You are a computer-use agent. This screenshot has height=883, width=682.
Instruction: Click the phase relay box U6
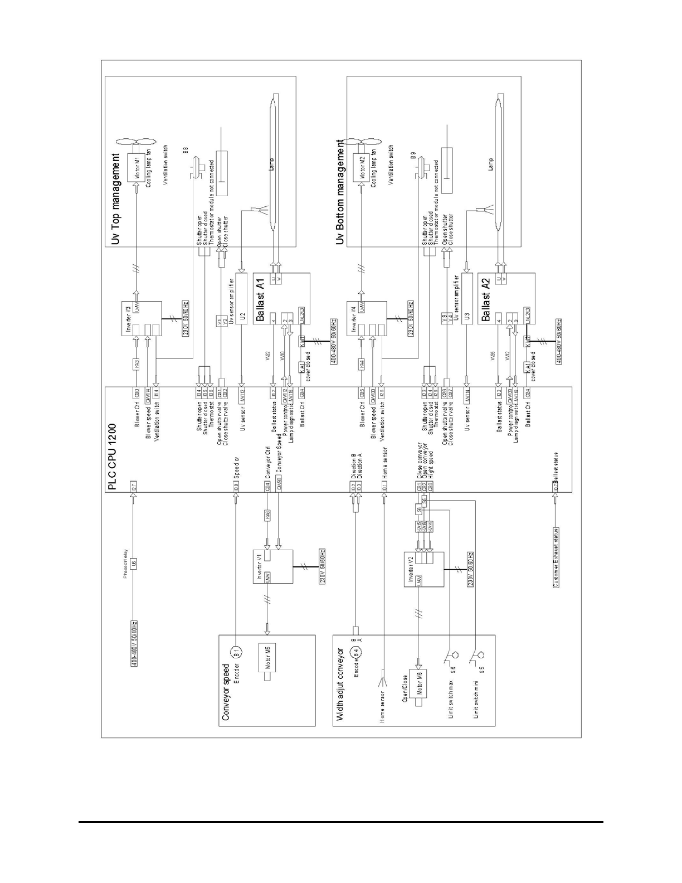click(x=134, y=564)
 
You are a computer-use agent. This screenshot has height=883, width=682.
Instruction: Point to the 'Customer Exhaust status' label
click(x=556, y=557)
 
